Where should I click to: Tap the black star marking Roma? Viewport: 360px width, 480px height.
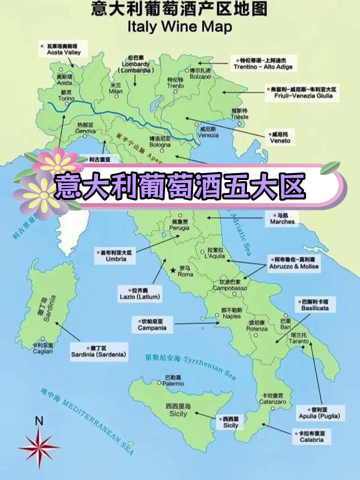click(x=173, y=270)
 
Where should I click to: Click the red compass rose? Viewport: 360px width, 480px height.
click(x=38, y=445)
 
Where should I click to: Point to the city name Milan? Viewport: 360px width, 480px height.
click(x=115, y=91)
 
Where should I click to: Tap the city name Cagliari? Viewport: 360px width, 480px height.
click(x=42, y=351)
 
